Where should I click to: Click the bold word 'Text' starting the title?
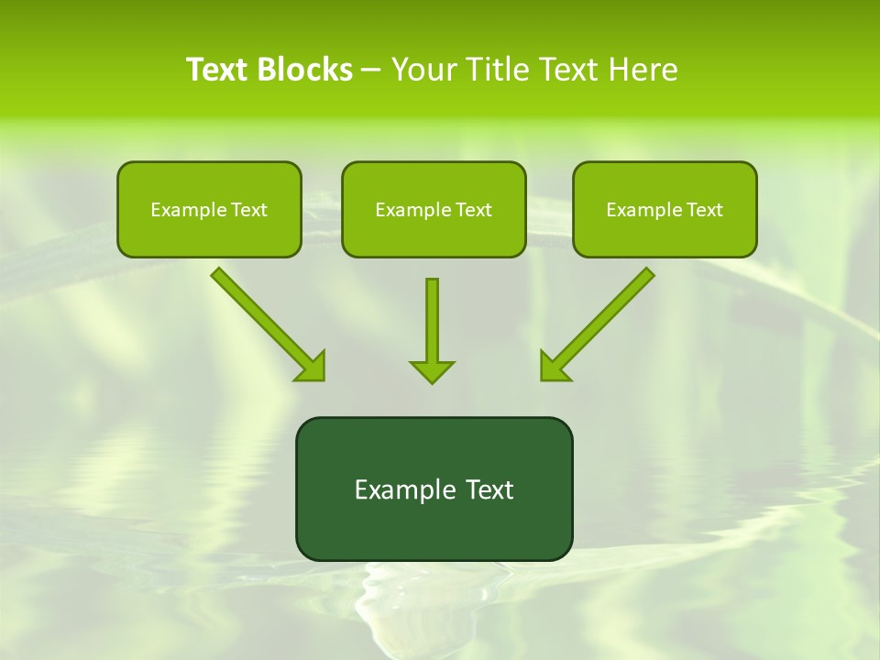point(219,70)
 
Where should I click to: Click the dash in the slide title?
point(371,70)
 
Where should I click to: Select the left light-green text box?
point(209,209)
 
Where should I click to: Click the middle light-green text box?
point(434,209)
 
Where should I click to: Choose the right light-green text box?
point(665,209)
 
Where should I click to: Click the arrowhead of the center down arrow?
point(432,371)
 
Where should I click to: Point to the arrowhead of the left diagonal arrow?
point(312,367)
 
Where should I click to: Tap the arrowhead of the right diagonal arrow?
point(554,367)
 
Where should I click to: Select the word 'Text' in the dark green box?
point(489,489)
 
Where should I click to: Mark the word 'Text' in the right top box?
point(705,210)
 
